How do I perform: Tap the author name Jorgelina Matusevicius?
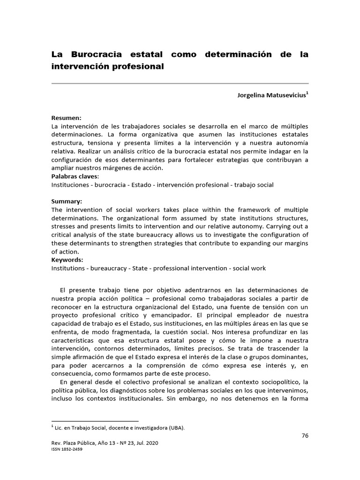point(271,95)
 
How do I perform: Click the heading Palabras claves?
point(75,177)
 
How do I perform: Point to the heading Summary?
point(67,202)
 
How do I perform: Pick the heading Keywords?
point(67,260)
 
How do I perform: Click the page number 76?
point(305,435)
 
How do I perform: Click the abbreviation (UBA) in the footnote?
point(176,427)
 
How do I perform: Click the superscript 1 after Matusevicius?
point(307,93)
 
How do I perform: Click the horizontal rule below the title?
point(180,83)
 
